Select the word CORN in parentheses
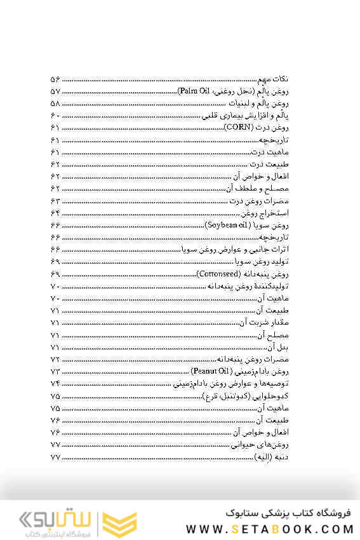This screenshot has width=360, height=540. click(x=236, y=128)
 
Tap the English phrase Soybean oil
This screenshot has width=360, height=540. click(x=227, y=225)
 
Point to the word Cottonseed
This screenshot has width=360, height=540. click(x=218, y=274)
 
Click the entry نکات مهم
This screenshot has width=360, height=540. click(x=275, y=79)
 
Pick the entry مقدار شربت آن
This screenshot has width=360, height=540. click(x=265, y=323)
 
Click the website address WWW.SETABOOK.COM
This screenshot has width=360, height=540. click(x=270, y=529)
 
